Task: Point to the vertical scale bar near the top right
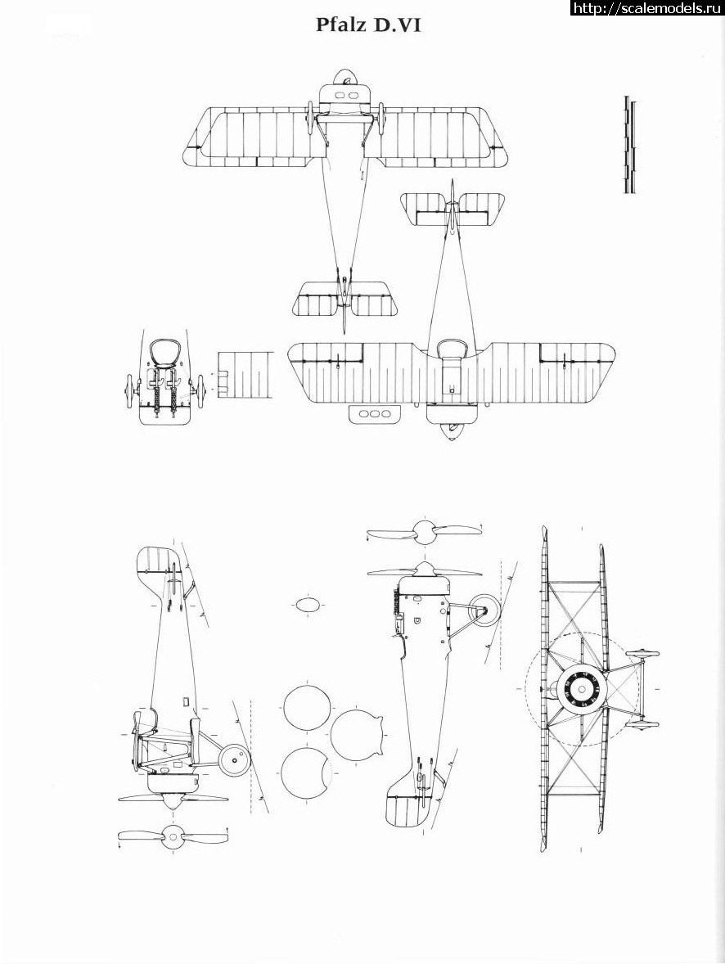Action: coord(629,145)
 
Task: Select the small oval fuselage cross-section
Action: coord(308,605)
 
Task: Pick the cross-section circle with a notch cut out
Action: coord(305,773)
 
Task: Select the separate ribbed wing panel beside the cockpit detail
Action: coord(245,376)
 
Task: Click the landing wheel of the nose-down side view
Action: coord(234,760)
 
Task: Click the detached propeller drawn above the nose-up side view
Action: coord(424,532)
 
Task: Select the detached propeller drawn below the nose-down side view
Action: coord(173,836)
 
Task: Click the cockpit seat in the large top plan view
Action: coord(450,349)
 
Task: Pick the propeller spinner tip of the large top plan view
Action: coord(450,436)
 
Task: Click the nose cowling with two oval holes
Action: coord(347,96)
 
